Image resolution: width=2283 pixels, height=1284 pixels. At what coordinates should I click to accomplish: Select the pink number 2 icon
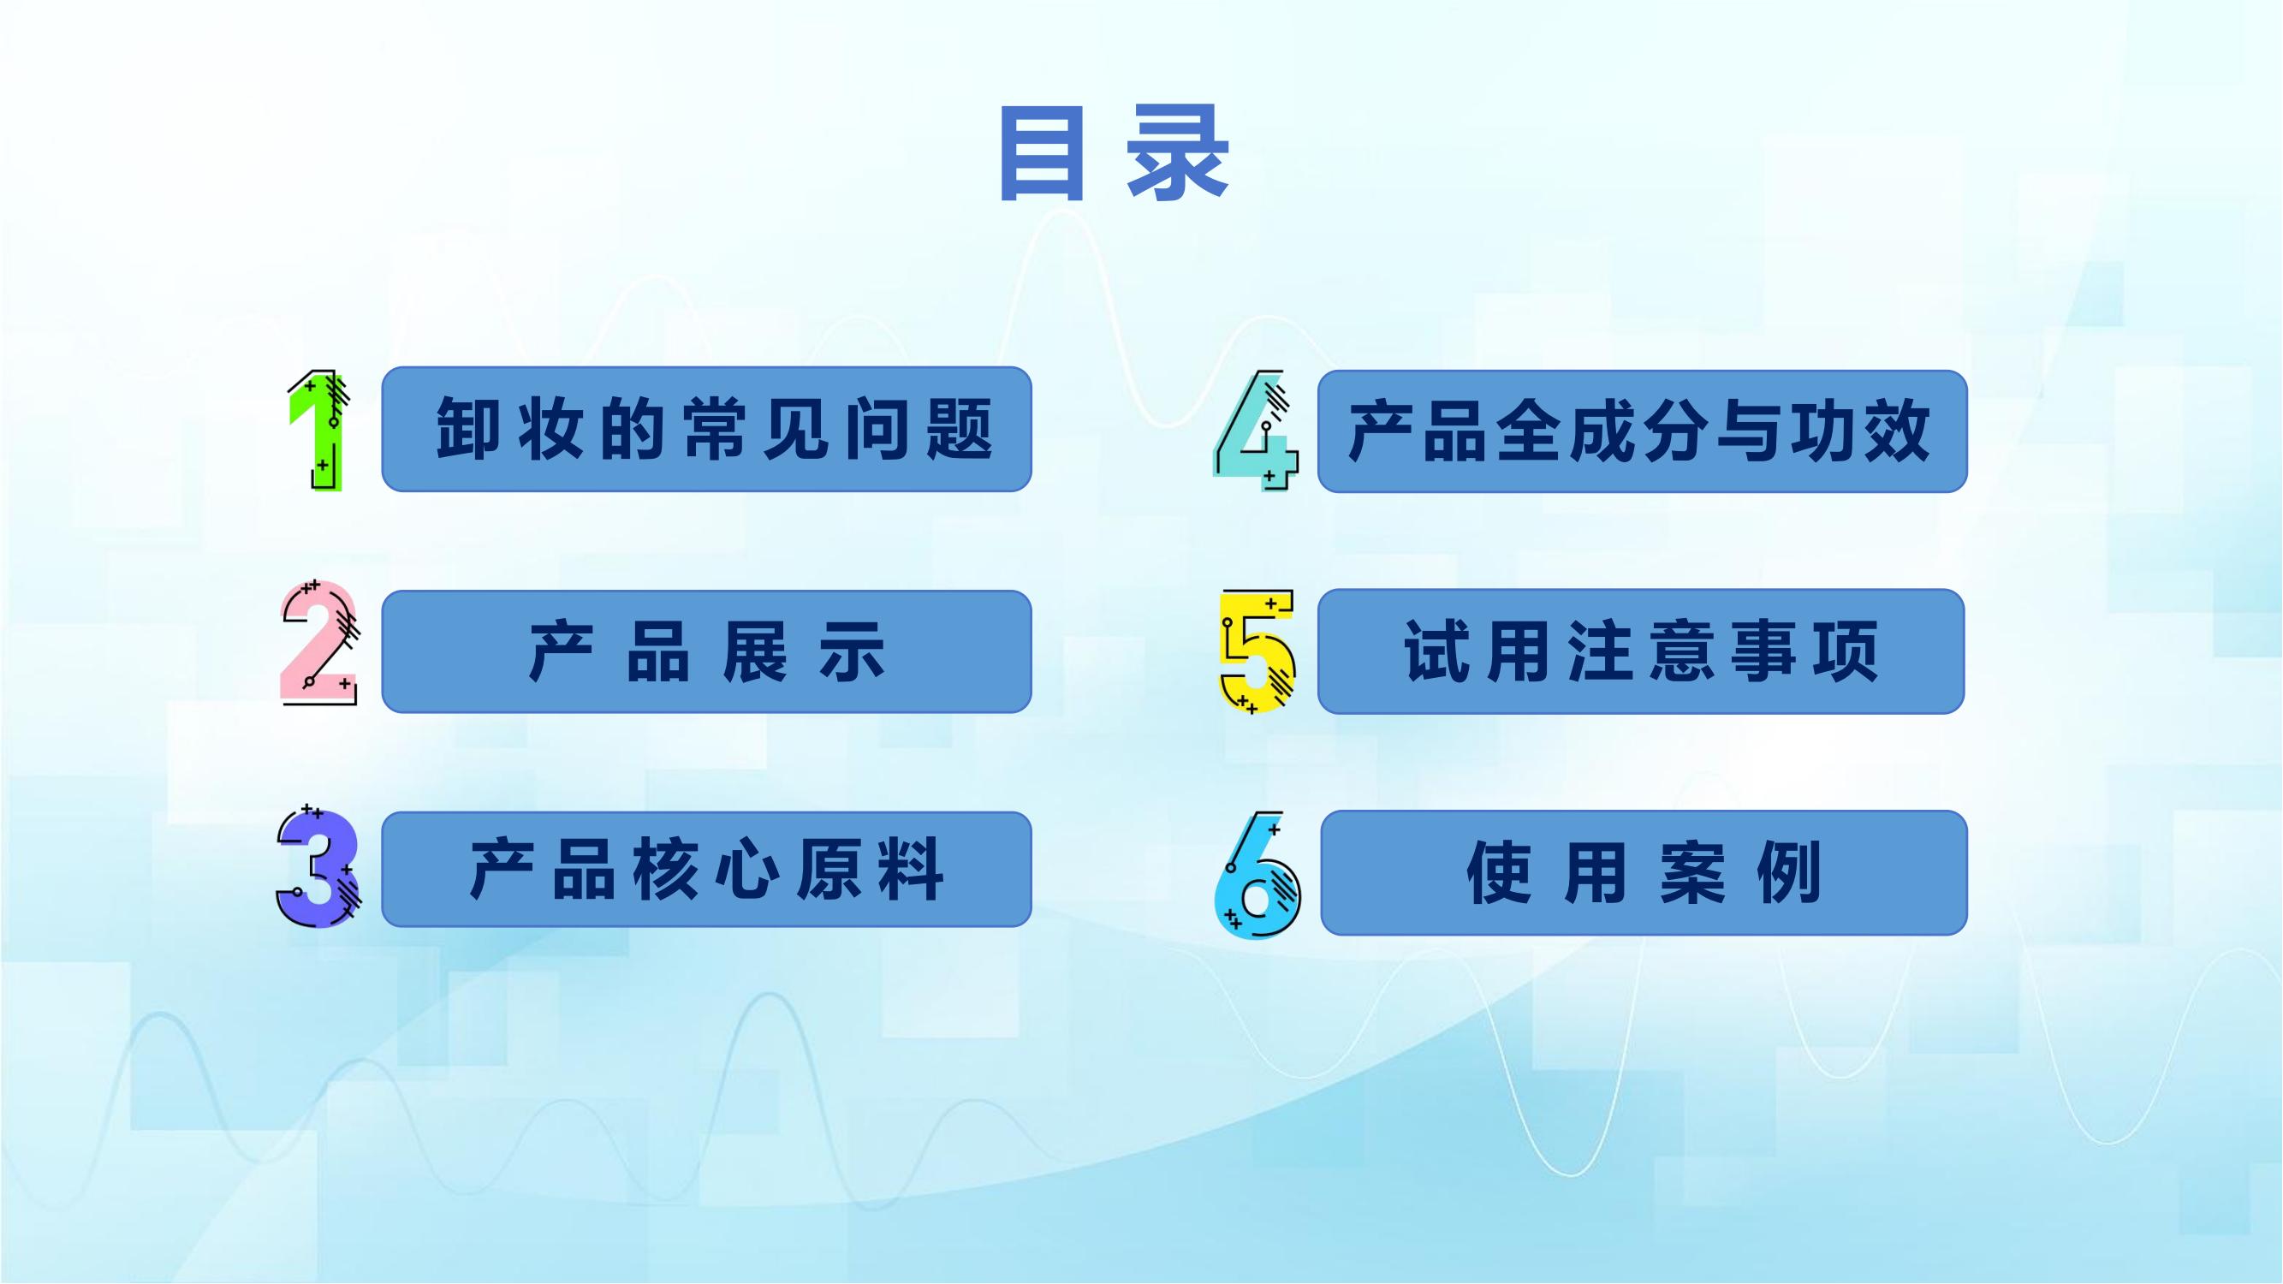pyautogui.click(x=318, y=643)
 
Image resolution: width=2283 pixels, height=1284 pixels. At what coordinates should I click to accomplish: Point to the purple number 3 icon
pyautogui.click(x=318, y=866)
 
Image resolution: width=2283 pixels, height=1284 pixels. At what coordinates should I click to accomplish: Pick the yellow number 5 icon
pyautogui.click(x=1257, y=651)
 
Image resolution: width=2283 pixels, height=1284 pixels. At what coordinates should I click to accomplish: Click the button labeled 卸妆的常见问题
pyautogui.click(x=706, y=429)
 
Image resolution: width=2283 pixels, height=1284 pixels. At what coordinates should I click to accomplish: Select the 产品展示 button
pyautogui.click(x=706, y=651)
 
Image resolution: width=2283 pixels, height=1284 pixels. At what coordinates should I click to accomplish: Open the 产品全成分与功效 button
pyautogui.click(x=1642, y=431)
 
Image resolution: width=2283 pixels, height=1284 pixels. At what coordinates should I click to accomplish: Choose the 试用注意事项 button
pyautogui.click(x=1641, y=651)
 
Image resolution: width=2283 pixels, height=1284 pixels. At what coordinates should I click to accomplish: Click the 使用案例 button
pyautogui.click(x=1644, y=873)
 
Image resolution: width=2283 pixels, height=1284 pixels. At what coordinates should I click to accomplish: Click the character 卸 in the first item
pyautogui.click(x=467, y=429)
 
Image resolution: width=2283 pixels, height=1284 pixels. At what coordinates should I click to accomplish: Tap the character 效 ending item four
pyautogui.click(x=1898, y=431)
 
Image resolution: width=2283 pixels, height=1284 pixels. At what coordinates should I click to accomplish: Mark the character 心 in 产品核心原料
pyautogui.click(x=747, y=870)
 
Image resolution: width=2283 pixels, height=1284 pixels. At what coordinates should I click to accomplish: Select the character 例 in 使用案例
pyautogui.click(x=1789, y=873)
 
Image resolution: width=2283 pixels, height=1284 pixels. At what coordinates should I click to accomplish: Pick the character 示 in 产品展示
pyautogui.click(x=853, y=651)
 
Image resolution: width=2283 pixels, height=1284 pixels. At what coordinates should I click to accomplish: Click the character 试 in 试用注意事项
pyautogui.click(x=1436, y=651)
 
